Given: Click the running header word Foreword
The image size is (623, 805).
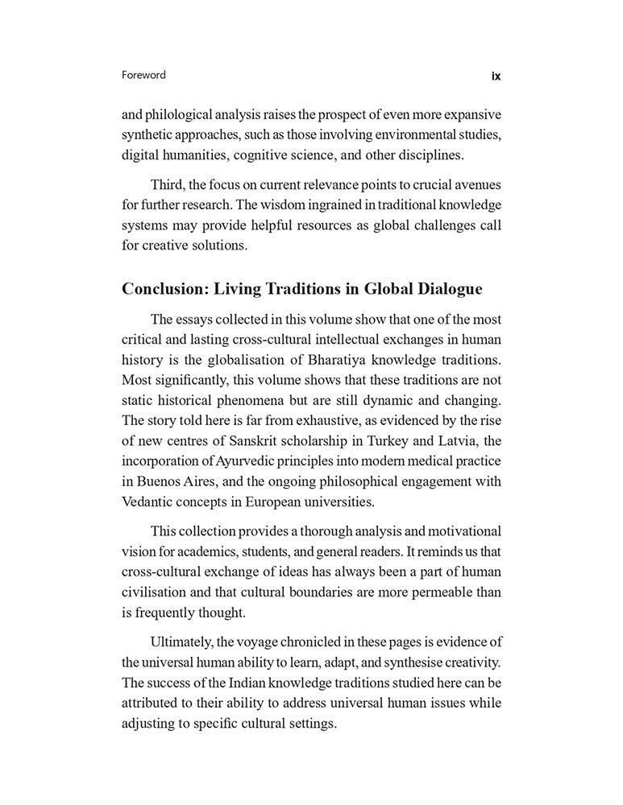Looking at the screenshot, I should point(143,75).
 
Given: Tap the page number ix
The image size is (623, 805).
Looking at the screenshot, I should point(496,76).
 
